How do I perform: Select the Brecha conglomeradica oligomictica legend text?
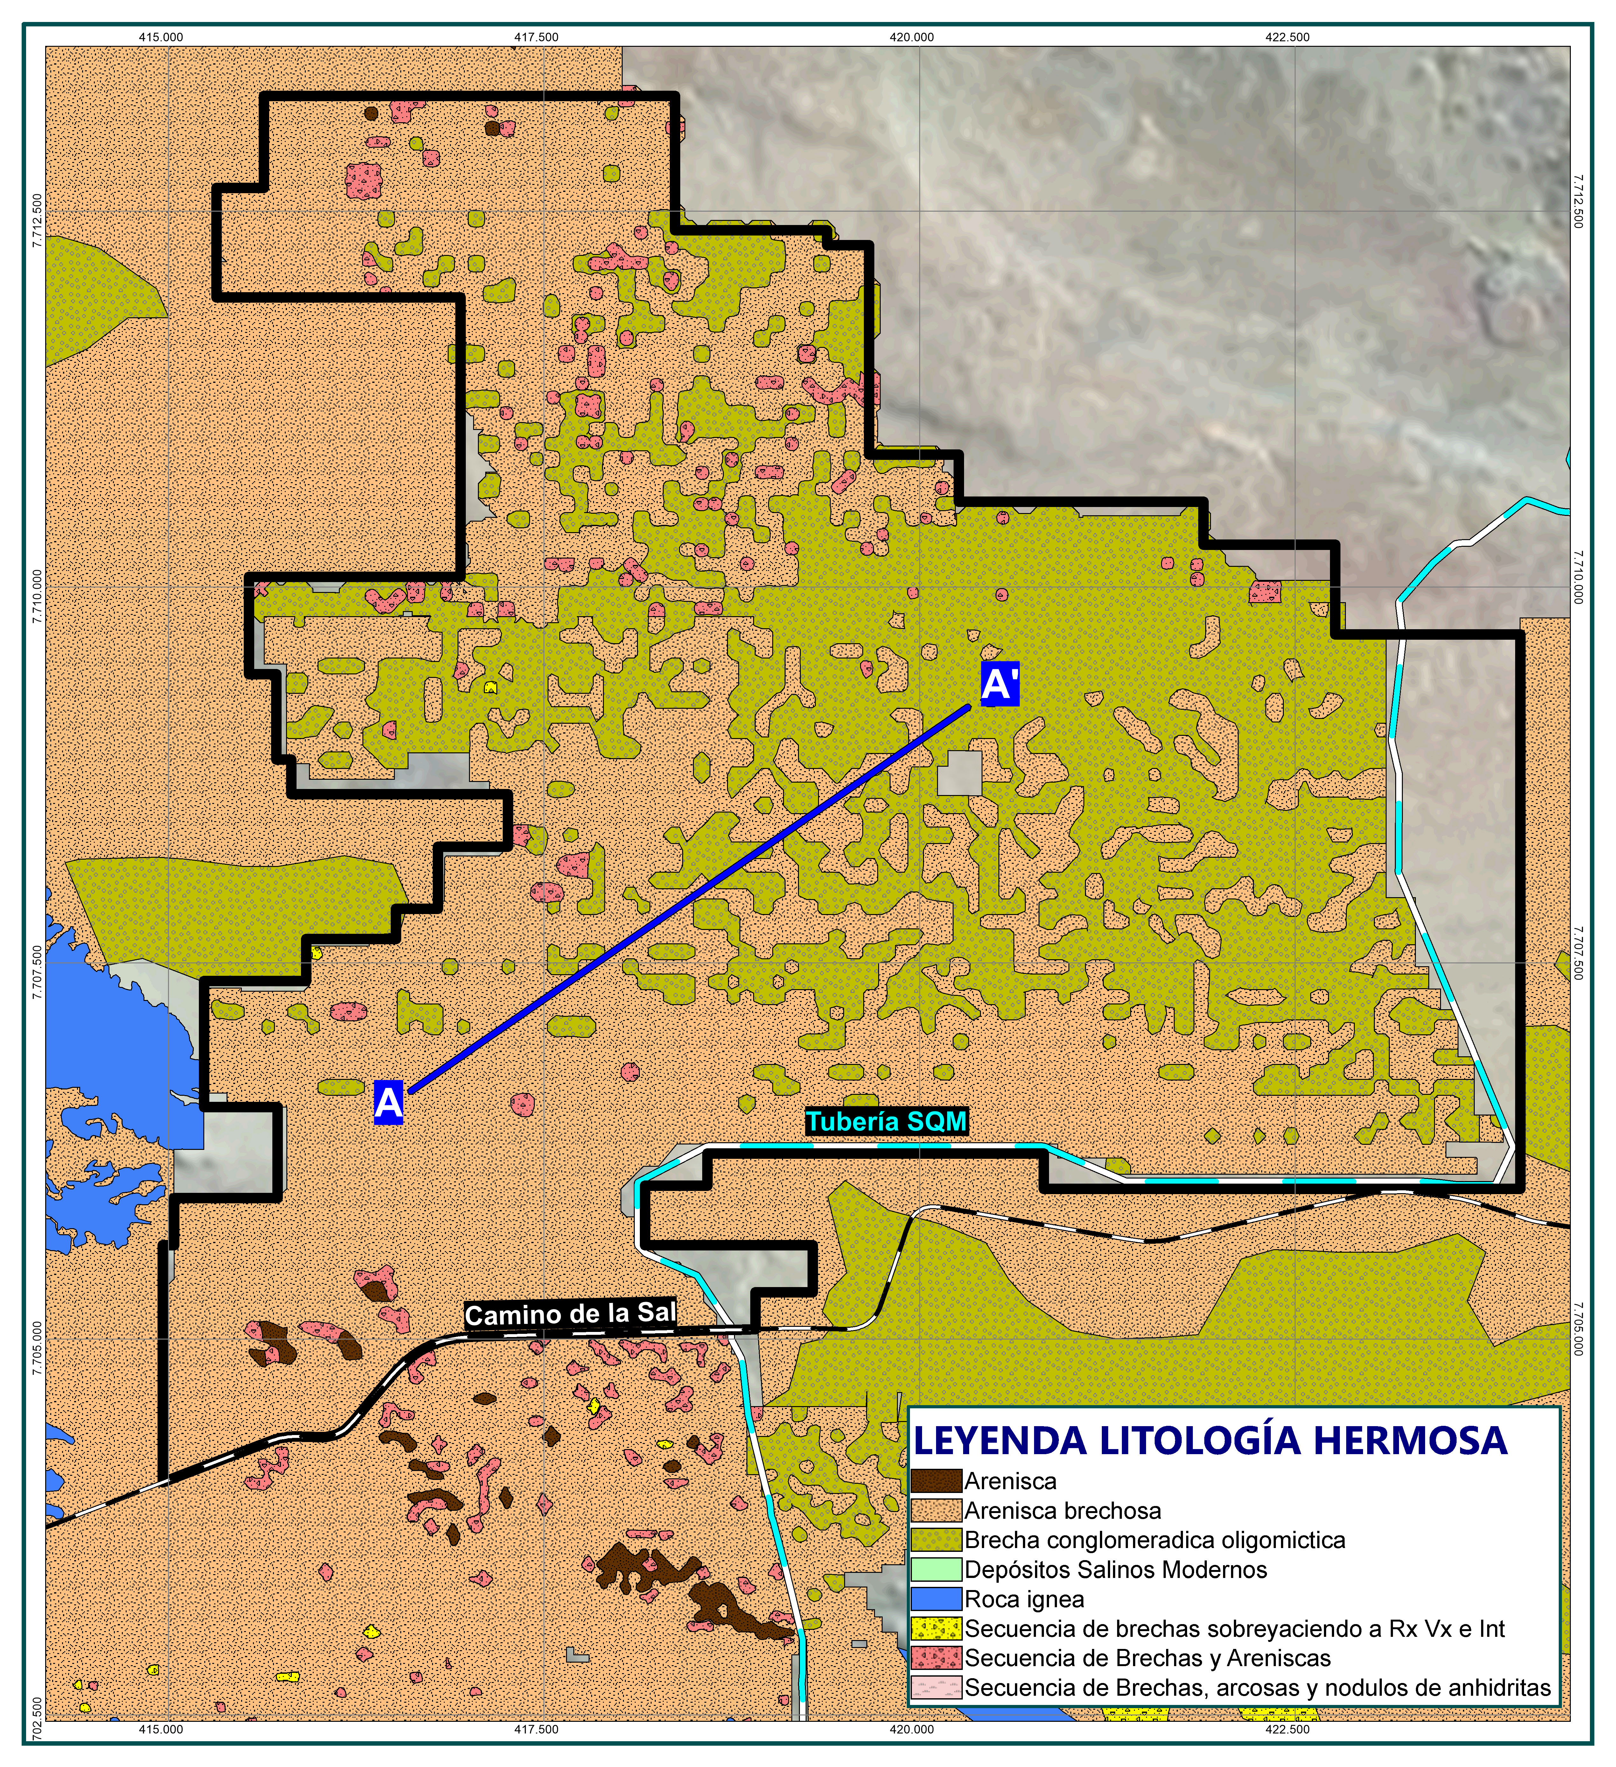point(1154,1540)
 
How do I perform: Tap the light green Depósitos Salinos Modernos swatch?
point(936,1570)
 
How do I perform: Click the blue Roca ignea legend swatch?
point(936,1600)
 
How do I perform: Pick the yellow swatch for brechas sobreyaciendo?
point(936,1629)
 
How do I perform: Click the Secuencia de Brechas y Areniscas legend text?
point(1147,1658)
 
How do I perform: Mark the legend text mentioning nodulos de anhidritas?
point(1257,1688)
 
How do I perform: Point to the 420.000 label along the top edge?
point(912,37)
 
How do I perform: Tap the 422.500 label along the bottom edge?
point(1287,1729)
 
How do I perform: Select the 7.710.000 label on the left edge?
point(36,596)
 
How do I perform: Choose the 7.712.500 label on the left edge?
point(36,221)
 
